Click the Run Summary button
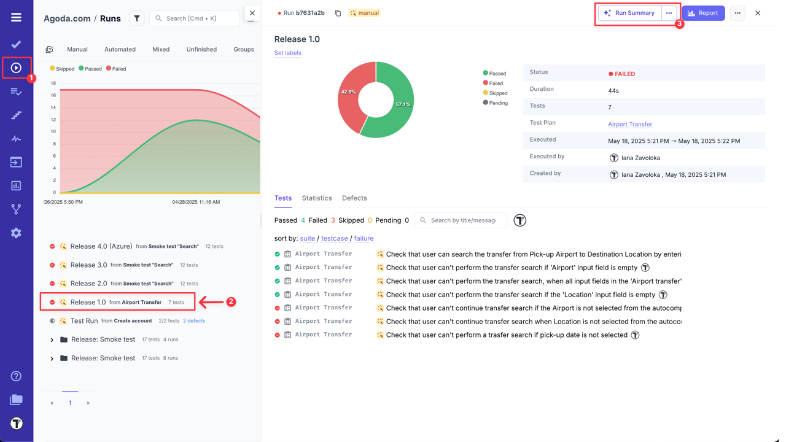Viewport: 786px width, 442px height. [x=630, y=13]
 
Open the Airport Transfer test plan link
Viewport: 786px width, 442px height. [x=630, y=124]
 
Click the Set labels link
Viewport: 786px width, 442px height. [x=287, y=53]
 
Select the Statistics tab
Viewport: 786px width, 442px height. [x=317, y=198]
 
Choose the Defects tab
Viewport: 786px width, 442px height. [x=354, y=198]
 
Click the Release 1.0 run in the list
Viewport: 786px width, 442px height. [x=88, y=302]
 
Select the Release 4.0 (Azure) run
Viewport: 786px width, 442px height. [x=101, y=246]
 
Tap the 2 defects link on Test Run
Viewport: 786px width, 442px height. [x=194, y=320]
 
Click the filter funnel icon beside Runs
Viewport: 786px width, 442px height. [x=137, y=18]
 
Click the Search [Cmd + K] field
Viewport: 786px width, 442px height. [x=195, y=18]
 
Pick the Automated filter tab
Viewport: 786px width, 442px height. [x=120, y=49]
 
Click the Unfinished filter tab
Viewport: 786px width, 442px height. [x=201, y=49]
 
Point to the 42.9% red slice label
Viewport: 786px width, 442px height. [x=348, y=91]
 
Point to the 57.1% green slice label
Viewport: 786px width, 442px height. [x=403, y=104]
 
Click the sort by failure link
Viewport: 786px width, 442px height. [x=364, y=238]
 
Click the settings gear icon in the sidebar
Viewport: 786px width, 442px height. [x=16, y=233]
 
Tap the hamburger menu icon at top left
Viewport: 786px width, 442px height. [x=16, y=17]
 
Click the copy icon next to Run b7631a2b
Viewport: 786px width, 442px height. [x=338, y=13]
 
